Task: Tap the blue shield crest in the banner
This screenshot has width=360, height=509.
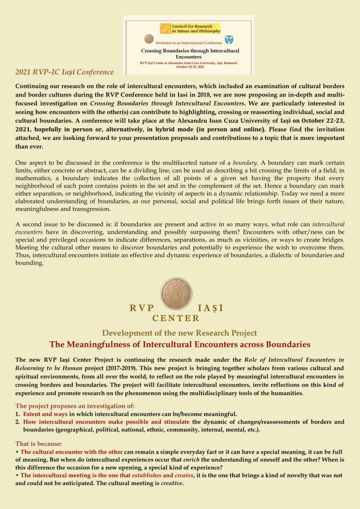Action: click(x=229, y=40)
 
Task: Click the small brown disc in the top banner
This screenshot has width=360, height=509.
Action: click(x=149, y=39)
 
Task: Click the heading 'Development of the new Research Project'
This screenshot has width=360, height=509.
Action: click(x=180, y=333)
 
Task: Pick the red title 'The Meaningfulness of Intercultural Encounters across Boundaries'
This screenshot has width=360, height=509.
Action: click(x=180, y=344)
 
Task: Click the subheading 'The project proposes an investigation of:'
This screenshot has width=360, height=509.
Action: click(x=75, y=406)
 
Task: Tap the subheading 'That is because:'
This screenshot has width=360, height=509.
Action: click(x=39, y=443)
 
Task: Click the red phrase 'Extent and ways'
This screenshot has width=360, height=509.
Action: click(x=46, y=414)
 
